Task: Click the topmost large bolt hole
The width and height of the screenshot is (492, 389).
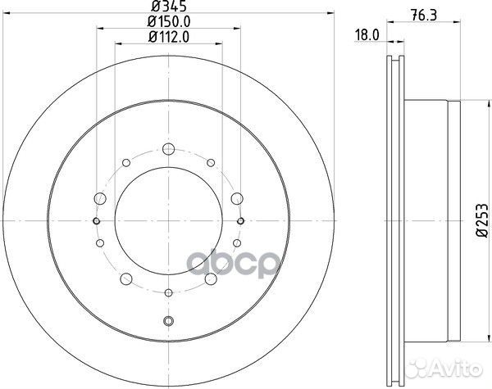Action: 169,149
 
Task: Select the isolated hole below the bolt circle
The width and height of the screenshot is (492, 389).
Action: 169,322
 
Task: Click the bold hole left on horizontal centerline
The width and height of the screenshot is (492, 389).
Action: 97,221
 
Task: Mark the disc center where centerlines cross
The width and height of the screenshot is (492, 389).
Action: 169,221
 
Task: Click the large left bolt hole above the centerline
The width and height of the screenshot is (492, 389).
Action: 100,198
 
